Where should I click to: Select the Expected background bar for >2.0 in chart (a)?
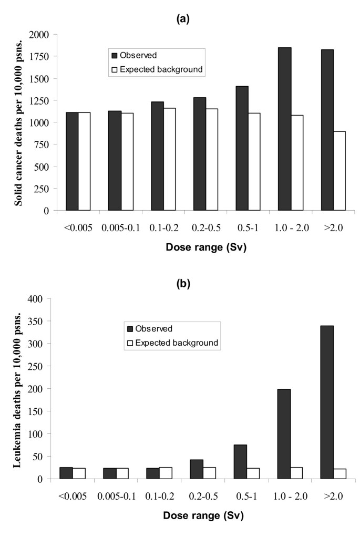[339, 171]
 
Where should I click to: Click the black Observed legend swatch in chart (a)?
[114, 54]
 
